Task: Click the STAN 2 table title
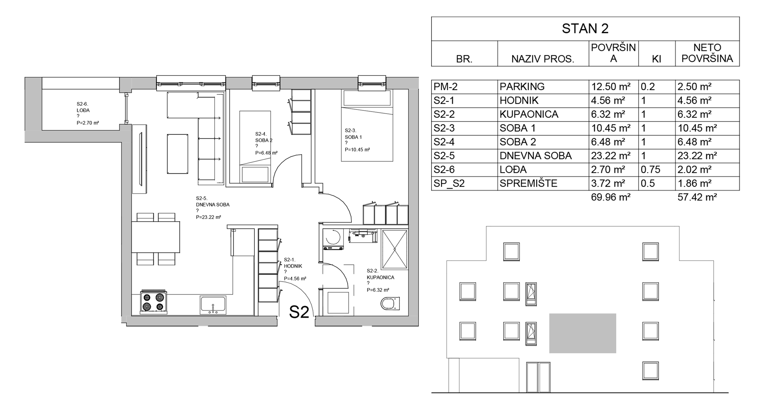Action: [x=585, y=28]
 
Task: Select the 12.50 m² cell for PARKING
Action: [x=611, y=87]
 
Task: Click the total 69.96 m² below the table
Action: [x=611, y=197]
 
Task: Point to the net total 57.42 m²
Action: [x=697, y=197]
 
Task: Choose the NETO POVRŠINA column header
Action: [x=707, y=53]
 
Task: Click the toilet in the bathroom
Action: [x=390, y=303]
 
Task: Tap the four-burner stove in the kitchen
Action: [x=154, y=302]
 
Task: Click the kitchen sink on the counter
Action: [x=213, y=305]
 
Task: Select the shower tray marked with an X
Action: [x=394, y=249]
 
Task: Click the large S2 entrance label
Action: [x=299, y=312]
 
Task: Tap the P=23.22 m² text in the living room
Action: [x=208, y=217]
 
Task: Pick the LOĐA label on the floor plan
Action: [x=83, y=110]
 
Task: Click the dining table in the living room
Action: [x=156, y=237]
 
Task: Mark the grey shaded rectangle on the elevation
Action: [x=583, y=333]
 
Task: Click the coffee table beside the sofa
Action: [x=177, y=154]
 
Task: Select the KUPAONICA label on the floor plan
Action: [x=381, y=277]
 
